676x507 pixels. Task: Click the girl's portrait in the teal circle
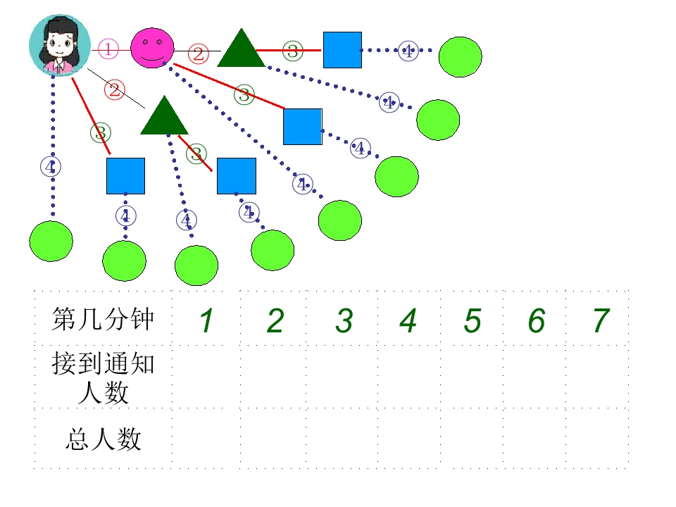click(x=60, y=45)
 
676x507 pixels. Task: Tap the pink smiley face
click(x=152, y=48)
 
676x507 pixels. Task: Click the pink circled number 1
click(x=108, y=49)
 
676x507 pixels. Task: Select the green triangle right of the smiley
click(x=241, y=49)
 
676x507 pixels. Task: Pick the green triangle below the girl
click(x=164, y=115)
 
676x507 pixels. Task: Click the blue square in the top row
click(x=342, y=50)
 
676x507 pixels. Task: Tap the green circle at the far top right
click(x=460, y=57)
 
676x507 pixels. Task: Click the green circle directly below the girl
click(x=51, y=241)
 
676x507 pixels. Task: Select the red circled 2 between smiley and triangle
click(x=199, y=54)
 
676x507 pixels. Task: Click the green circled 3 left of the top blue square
click(x=293, y=51)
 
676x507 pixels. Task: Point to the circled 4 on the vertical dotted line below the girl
click(x=51, y=167)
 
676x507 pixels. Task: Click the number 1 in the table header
click(x=206, y=321)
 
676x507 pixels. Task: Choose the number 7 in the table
click(x=601, y=321)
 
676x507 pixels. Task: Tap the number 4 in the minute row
click(x=408, y=321)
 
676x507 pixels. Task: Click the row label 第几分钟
click(x=103, y=320)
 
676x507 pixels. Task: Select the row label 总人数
click(x=104, y=439)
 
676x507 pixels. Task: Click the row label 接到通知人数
click(x=103, y=378)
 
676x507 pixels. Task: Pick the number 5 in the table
click(x=472, y=321)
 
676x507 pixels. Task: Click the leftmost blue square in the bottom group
click(x=126, y=176)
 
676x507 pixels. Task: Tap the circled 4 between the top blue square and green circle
click(x=408, y=51)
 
